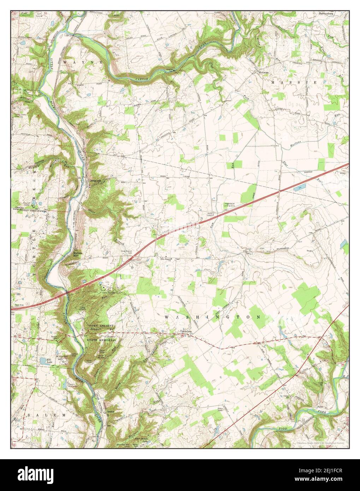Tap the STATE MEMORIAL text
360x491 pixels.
click(x=101, y=339)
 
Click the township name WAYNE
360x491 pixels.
click(x=84, y=62)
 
